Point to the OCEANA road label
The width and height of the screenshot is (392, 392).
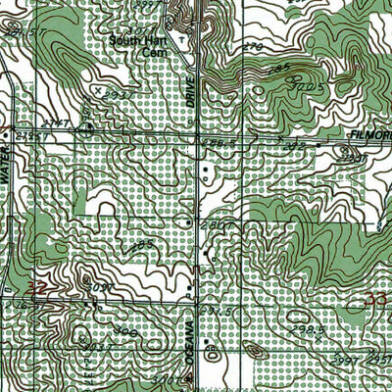(185, 342)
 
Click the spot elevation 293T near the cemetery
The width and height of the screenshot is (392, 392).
(119, 95)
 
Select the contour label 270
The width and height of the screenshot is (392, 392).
(254, 46)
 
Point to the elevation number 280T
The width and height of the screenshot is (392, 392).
(214, 224)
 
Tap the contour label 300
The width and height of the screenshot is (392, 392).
(125, 331)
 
